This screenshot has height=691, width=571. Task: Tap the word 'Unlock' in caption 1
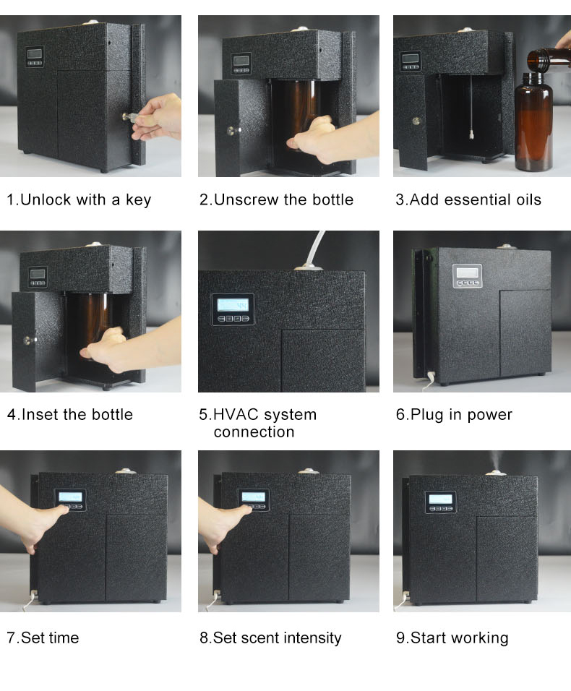46,199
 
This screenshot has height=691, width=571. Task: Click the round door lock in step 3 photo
416,120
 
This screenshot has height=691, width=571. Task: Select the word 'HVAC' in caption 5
236,415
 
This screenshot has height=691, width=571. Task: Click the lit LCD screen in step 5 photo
233,304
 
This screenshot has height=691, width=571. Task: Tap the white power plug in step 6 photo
430,377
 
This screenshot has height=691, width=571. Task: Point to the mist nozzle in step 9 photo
496,473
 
